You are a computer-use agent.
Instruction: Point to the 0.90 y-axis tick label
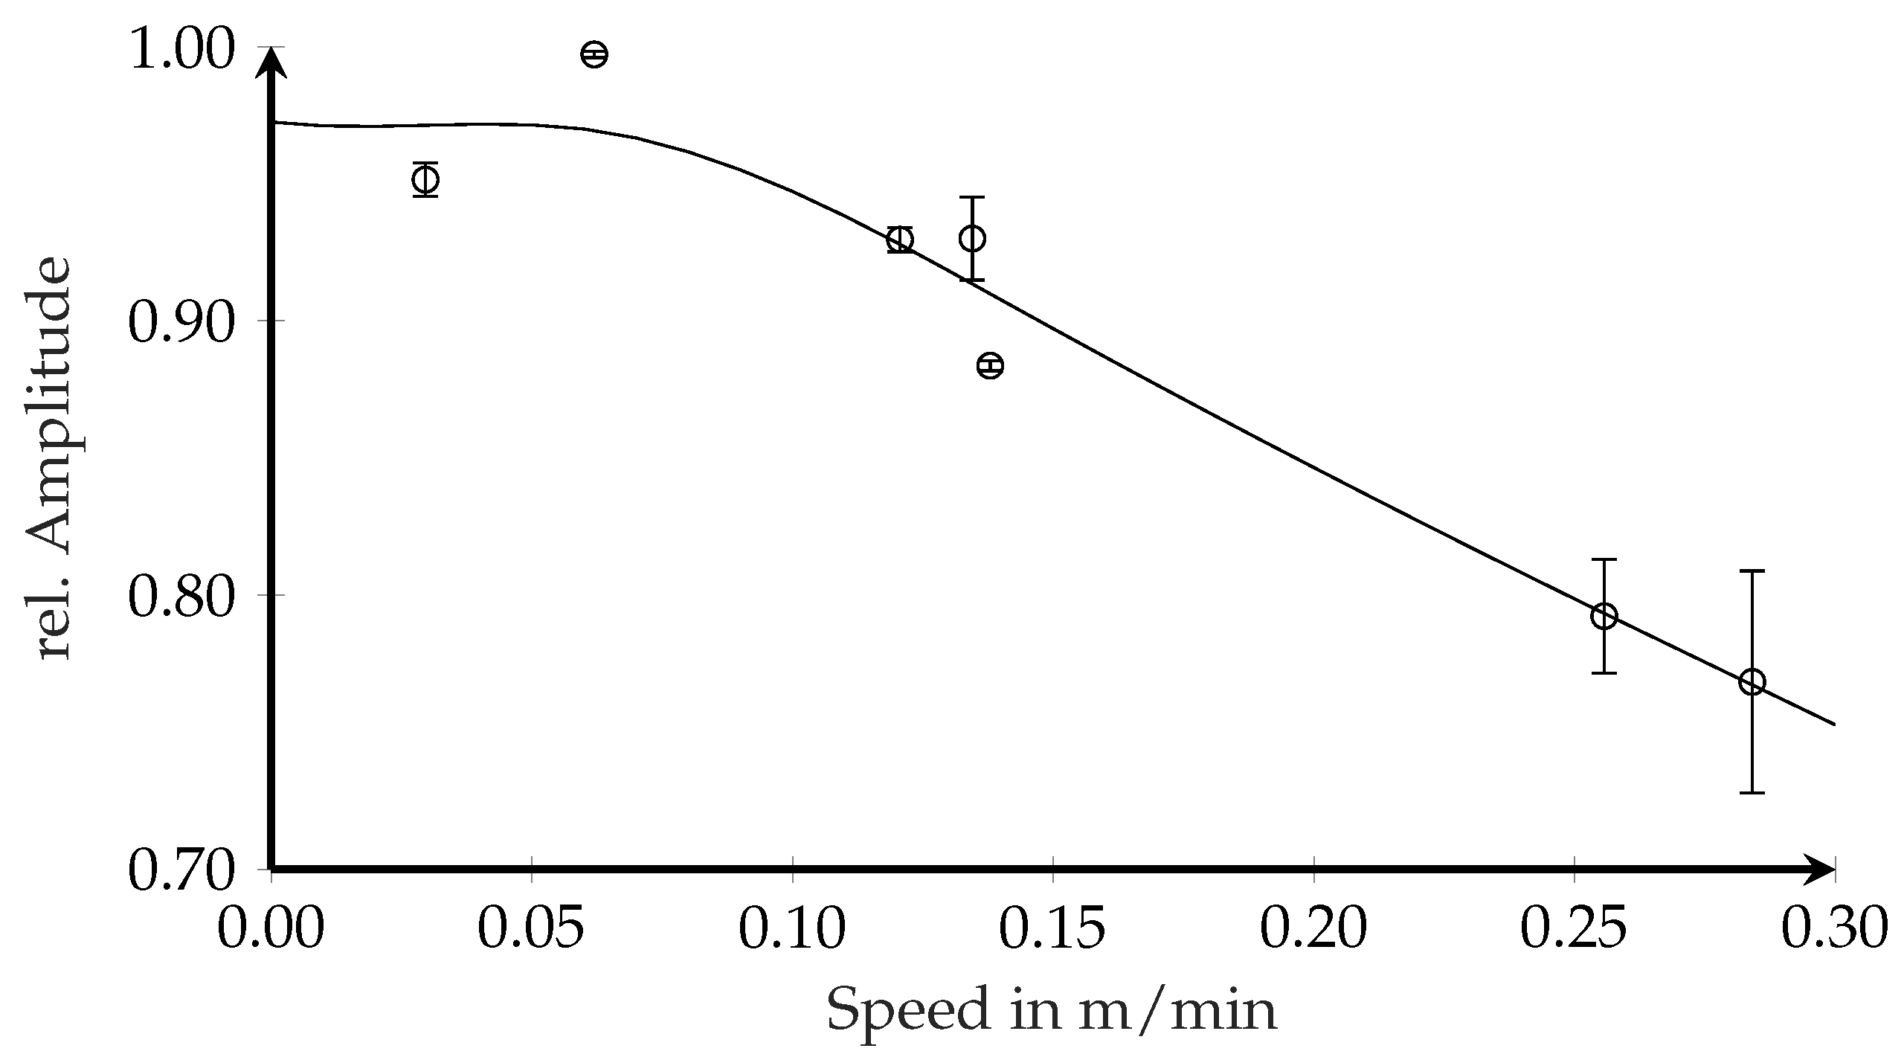click(x=182, y=326)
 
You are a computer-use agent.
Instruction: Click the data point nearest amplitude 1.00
click(x=594, y=54)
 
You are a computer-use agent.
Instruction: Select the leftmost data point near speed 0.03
click(x=425, y=179)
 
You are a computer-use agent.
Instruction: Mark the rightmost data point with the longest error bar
click(x=1752, y=682)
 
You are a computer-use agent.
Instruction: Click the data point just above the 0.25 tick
click(x=1604, y=616)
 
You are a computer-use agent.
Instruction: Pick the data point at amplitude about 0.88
click(x=990, y=365)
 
